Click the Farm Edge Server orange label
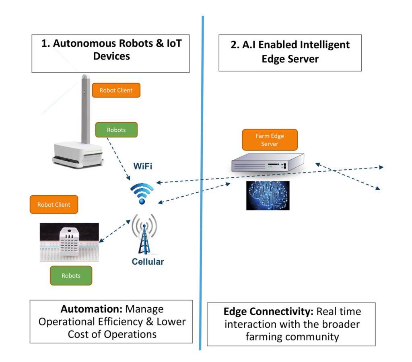[270, 140]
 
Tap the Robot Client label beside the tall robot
[116, 90]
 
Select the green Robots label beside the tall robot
[116, 130]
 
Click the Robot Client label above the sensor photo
[54, 204]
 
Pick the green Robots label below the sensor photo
[71, 276]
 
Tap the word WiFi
[143, 167]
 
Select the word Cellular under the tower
[148, 262]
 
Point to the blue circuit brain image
[268, 195]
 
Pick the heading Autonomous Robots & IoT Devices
[111, 49]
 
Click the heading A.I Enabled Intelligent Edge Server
[290, 51]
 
